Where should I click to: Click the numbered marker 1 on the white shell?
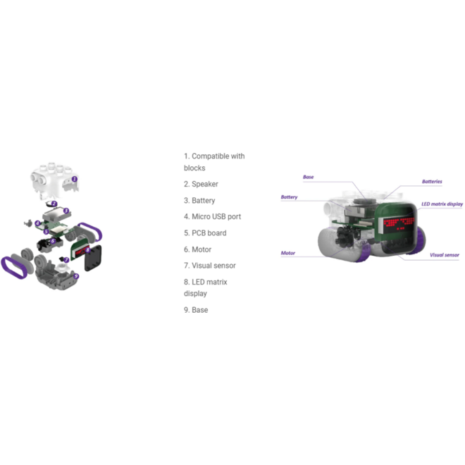tap(75, 179)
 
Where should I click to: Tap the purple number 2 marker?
tap(54, 204)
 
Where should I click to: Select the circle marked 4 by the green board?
tap(37, 223)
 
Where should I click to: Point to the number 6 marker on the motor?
tap(53, 241)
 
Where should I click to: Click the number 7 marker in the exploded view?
tap(66, 260)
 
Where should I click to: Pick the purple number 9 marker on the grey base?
tap(76, 276)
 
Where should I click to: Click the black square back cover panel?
tap(93, 258)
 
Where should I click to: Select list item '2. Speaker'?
tap(201, 184)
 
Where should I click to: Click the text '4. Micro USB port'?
tap(212, 216)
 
